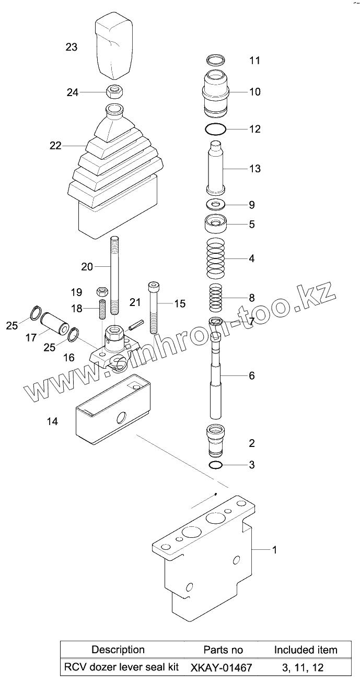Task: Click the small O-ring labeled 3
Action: coord(216,465)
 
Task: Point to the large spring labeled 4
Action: coord(216,258)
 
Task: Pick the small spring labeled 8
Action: coord(216,298)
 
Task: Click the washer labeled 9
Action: coord(216,204)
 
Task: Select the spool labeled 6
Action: coord(216,376)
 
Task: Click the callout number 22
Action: coord(55,146)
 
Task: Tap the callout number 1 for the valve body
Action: coord(274,549)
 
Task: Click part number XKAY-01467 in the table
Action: coord(222,667)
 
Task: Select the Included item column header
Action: coord(306,650)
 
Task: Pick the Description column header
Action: coord(118,650)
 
